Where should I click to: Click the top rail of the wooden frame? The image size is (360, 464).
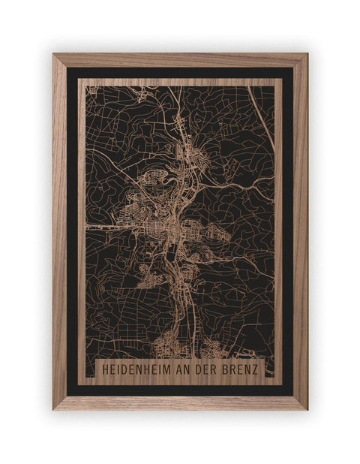click(x=180, y=59)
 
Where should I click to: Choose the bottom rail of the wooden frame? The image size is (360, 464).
click(x=180, y=402)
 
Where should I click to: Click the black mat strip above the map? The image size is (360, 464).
click(x=180, y=73)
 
